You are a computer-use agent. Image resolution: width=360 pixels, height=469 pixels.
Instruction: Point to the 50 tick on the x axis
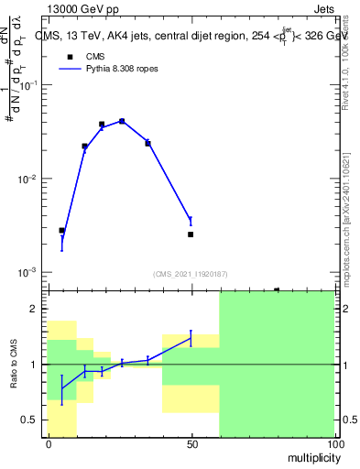coord(191,443)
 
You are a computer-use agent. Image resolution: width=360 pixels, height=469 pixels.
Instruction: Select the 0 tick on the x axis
coord(48,443)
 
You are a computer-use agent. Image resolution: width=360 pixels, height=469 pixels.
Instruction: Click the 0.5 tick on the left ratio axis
coord(34,420)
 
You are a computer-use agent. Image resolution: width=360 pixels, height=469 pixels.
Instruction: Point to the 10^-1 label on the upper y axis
coord(29,84)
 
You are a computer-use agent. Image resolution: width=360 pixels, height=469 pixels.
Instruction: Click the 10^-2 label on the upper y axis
coord(29,179)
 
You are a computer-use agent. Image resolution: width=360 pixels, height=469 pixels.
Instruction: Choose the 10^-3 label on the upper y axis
coord(29,273)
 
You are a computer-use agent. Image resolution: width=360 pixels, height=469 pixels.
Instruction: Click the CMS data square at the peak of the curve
coord(122,120)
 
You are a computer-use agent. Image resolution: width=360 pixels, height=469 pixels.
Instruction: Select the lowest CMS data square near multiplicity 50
coord(191,234)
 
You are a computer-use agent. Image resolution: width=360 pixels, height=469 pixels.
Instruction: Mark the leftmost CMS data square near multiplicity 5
coord(61,231)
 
